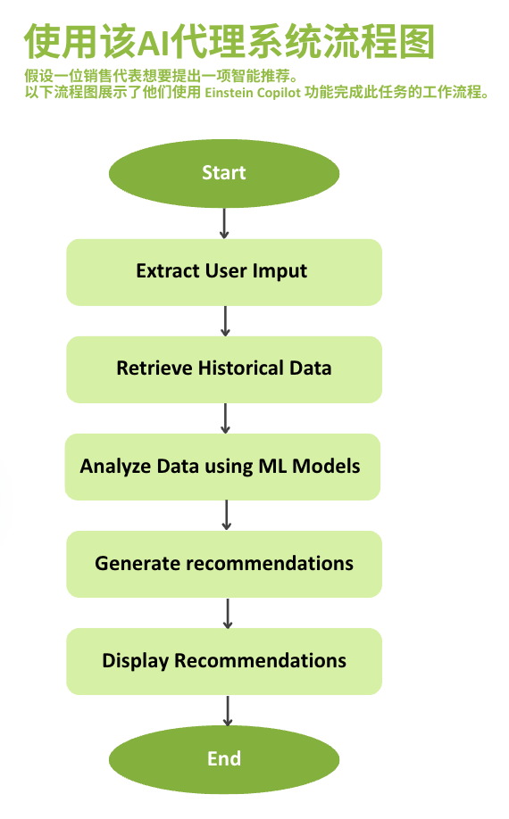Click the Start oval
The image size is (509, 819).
tap(223, 173)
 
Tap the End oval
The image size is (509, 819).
tap(223, 759)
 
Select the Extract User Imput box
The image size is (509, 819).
tap(223, 272)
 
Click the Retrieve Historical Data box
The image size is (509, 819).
tap(223, 369)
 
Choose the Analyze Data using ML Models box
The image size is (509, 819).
tap(222, 467)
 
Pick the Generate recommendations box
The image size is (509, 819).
tap(223, 564)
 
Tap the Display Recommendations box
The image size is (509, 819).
tap(223, 661)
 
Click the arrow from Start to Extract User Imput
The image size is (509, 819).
tap(224, 223)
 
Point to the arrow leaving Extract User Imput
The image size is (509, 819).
tap(225, 320)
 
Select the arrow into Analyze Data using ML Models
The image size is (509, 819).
tap(225, 418)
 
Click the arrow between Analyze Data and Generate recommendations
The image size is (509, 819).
tap(226, 515)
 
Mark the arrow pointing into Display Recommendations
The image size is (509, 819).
tap(228, 613)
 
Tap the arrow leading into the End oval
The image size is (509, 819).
tap(228, 710)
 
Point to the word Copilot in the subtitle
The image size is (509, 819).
tap(280, 94)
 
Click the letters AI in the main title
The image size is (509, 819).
tap(153, 43)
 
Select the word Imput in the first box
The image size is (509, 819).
tap(280, 271)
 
